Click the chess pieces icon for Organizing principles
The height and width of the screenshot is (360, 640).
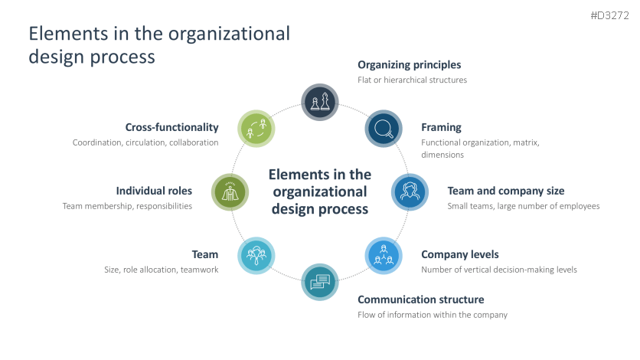[x=320, y=101]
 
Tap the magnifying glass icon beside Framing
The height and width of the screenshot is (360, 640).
[x=384, y=128]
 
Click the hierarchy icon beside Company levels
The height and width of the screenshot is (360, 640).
[x=384, y=255]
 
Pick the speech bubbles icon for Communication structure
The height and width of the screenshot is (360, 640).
[x=320, y=282]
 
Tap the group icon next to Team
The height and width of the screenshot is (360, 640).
[x=256, y=255]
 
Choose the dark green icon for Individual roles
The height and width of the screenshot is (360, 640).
[x=230, y=191]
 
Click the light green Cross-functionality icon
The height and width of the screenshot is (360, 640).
[x=256, y=128]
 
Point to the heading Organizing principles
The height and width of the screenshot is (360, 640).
[x=409, y=64]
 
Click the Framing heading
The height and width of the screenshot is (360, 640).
[x=441, y=127]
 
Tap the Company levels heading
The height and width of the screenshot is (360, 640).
[x=459, y=254]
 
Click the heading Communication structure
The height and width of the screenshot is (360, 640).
[x=420, y=299]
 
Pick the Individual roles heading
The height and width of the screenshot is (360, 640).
[x=154, y=191]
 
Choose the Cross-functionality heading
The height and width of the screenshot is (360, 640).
[x=171, y=127]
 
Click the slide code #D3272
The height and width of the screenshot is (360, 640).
[x=609, y=15]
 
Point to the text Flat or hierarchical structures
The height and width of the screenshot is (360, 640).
[x=412, y=80]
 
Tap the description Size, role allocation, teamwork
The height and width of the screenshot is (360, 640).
[x=161, y=270]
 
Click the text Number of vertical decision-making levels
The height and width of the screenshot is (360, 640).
[x=498, y=270]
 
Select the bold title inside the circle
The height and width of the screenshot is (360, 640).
[x=320, y=191]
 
